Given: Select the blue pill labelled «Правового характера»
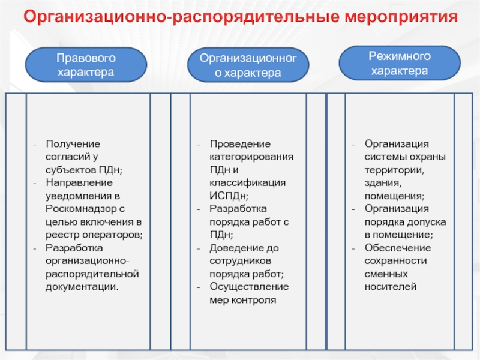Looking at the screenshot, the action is point(85,65).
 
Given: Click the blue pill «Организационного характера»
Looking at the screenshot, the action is point(248,65).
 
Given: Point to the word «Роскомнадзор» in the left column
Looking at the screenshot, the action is point(76,208).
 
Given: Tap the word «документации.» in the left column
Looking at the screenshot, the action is point(82,287).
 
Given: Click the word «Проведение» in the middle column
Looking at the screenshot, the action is point(239,144).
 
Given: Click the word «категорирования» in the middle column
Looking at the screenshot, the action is point(251,157).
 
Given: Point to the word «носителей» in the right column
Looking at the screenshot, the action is point(390,287).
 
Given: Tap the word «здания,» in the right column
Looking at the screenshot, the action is point(381,182).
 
